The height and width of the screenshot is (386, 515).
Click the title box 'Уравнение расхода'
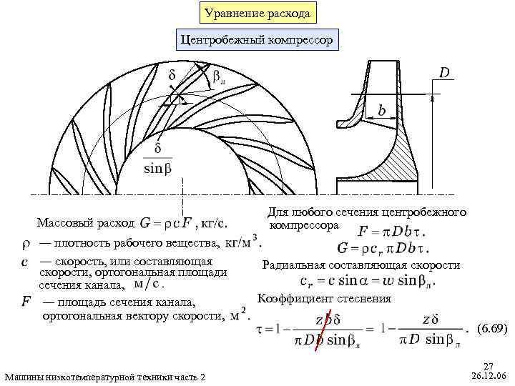click(x=257, y=13)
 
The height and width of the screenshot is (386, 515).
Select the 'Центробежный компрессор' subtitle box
click(x=257, y=40)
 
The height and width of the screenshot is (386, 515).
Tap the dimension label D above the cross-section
click(x=444, y=73)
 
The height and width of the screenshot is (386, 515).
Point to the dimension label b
click(x=383, y=112)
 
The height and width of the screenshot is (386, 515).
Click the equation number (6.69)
click(x=491, y=329)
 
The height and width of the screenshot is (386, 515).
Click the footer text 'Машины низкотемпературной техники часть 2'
click(x=104, y=377)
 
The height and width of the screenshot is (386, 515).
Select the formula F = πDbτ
click(x=392, y=232)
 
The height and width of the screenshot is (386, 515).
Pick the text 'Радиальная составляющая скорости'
click(x=361, y=265)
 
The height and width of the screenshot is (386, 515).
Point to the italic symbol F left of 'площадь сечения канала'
click(x=26, y=302)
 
